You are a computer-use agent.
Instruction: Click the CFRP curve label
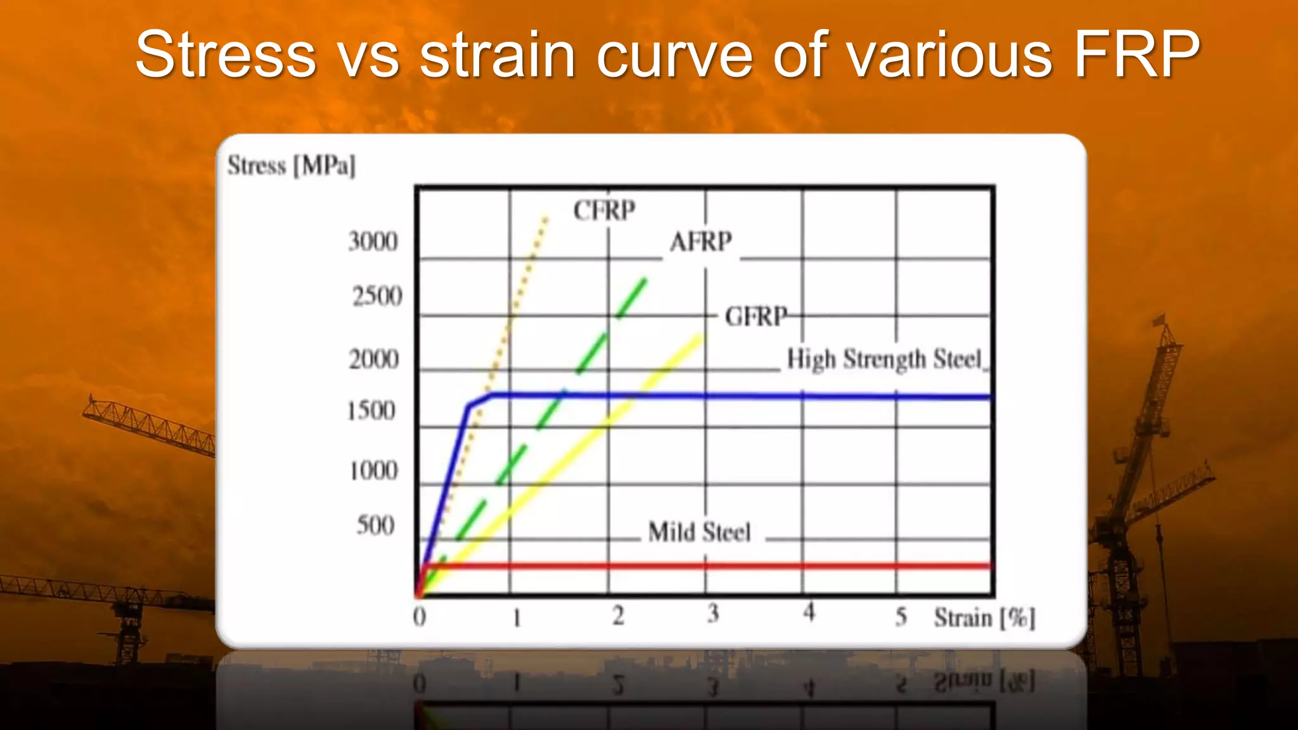pyautogui.click(x=604, y=210)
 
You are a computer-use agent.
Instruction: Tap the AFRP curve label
pyautogui.click(x=700, y=242)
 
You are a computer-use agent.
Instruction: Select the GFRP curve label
pyautogui.click(x=756, y=316)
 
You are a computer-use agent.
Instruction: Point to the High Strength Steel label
pyautogui.click(x=884, y=359)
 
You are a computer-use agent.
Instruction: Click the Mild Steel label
pyautogui.click(x=699, y=532)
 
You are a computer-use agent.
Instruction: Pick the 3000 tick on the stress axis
pyautogui.click(x=373, y=242)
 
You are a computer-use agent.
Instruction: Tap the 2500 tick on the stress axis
pyautogui.click(x=377, y=297)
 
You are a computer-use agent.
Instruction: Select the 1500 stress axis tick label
pyautogui.click(x=371, y=411)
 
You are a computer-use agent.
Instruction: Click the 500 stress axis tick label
pyautogui.click(x=375, y=526)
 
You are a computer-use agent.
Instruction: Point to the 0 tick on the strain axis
pyautogui.click(x=420, y=617)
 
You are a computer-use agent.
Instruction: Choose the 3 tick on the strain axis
pyautogui.click(x=713, y=613)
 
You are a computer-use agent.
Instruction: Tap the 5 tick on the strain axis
pyautogui.click(x=901, y=616)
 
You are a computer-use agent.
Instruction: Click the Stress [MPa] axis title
pyautogui.click(x=292, y=166)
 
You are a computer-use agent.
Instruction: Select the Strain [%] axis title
pyautogui.click(x=984, y=618)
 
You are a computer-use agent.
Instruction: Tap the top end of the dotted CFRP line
pyautogui.click(x=546, y=219)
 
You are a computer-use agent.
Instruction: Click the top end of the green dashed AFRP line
pyautogui.click(x=645, y=280)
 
